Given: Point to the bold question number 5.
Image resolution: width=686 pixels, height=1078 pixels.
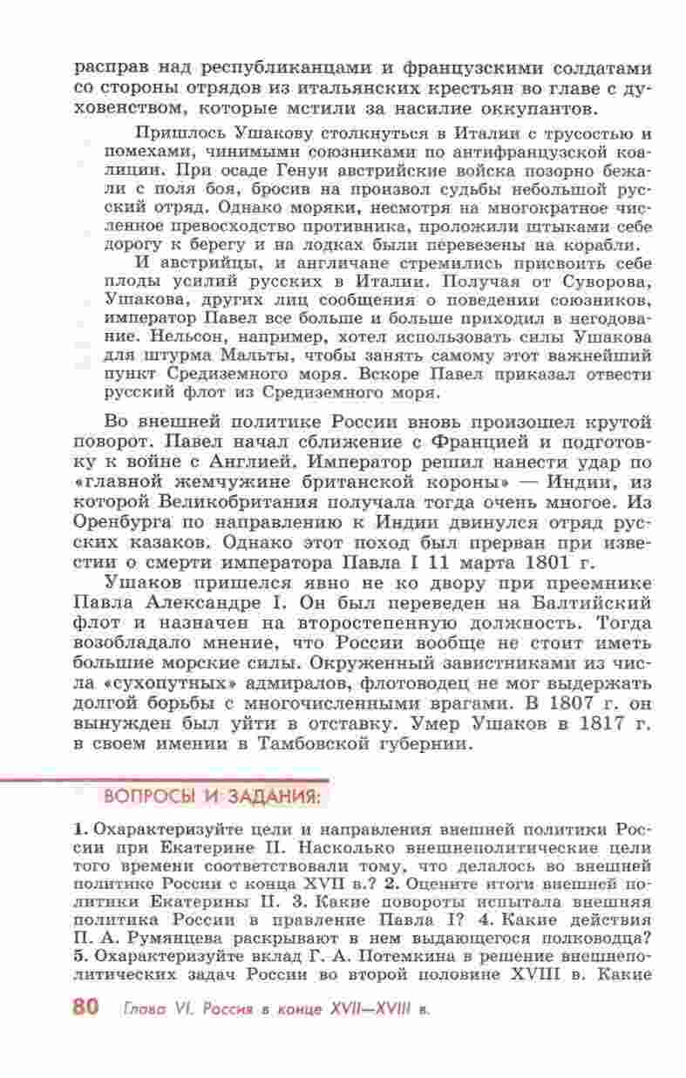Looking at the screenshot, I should pyautogui.click(x=78, y=953).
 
